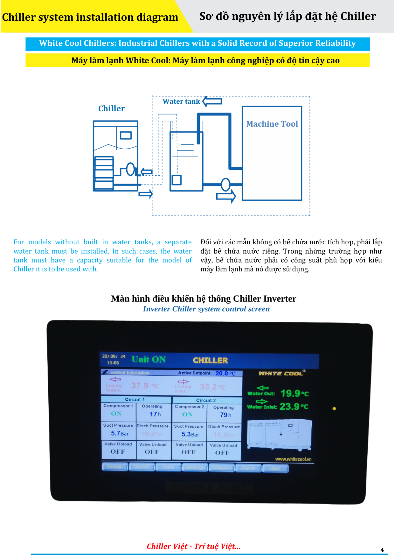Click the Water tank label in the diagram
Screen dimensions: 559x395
[x=181, y=101]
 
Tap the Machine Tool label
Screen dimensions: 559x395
[x=272, y=124]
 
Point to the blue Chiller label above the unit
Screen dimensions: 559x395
[x=111, y=109]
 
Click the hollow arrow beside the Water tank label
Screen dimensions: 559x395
[x=212, y=101]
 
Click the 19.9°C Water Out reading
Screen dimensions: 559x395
[x=294, y=394]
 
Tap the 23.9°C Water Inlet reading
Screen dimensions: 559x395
[x=294, y=406]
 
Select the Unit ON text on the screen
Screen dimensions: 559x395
[x=148, y=359]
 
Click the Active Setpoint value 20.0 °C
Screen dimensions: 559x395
[x=225, y=373]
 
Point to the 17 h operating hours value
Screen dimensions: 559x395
[x=155, y=414]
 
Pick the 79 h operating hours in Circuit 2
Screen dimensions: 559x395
[x=226, y=415]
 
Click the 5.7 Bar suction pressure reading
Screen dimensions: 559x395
[x=120, y=434]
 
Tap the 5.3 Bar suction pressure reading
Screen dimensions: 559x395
[x=190, y=434]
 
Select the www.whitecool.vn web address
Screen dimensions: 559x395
[x=293, y=459]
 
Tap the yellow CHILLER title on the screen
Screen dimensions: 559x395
[x=210, y=360]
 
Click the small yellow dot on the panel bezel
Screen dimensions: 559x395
[x=334, y=408]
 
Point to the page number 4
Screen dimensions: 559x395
[x=382, y=550]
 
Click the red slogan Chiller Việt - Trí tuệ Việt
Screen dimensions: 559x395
[x=193, y=546]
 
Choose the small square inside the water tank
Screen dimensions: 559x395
[x=176, y=180]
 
